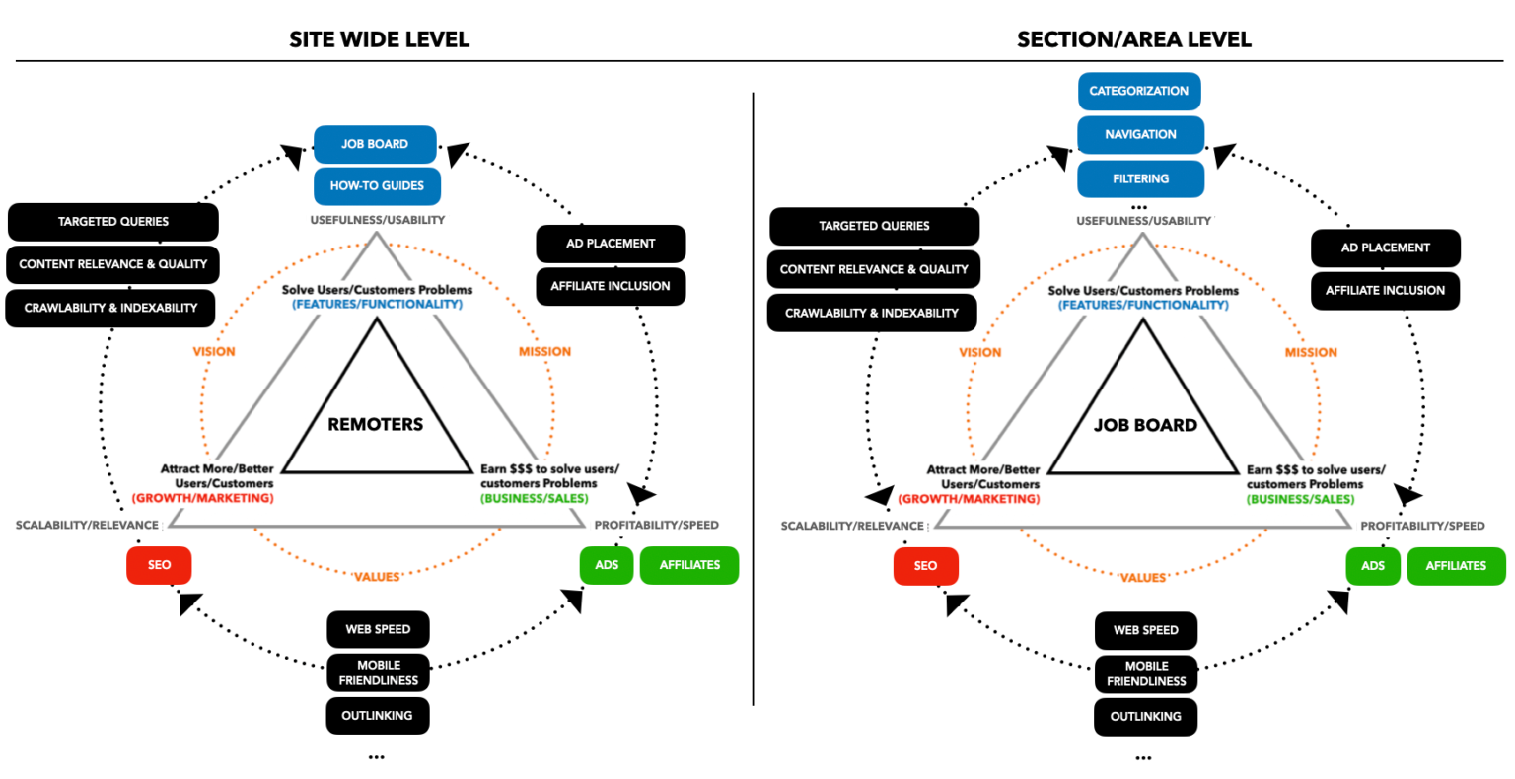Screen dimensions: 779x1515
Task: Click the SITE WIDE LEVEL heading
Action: coord(379,39)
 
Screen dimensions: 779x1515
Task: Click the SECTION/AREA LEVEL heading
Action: coord(1133,39)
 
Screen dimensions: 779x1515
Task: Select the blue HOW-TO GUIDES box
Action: coord(377,186)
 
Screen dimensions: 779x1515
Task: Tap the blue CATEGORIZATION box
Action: coord(1138,91)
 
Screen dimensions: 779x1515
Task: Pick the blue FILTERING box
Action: coord(1140,179)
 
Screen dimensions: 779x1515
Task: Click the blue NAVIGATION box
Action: coord(1140,135)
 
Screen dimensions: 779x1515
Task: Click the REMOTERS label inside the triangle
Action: coord(375,425)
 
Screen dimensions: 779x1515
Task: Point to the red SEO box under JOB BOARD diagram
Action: coord(925,566)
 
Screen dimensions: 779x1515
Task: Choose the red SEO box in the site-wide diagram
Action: coord(159,565)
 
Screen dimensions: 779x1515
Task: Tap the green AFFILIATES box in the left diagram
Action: coord(689,565)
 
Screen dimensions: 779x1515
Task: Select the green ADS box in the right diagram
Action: coord(1372,566)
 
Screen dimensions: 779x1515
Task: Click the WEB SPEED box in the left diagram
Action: coord(378,630)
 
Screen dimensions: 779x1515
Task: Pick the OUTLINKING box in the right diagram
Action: coord(1145,717)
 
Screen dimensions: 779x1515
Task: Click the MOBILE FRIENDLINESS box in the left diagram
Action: coord(378,673)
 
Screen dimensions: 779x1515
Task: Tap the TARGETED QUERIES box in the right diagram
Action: coord(874,227)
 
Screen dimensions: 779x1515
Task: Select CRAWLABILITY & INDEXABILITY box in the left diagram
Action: coord(110,309)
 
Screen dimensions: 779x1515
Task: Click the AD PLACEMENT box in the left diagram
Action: coord(611,244)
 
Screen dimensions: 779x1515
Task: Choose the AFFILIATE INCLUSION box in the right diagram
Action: coord(1385,291)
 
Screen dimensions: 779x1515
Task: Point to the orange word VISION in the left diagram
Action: coord(214,352)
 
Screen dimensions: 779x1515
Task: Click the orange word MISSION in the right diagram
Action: coord(1311,353)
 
